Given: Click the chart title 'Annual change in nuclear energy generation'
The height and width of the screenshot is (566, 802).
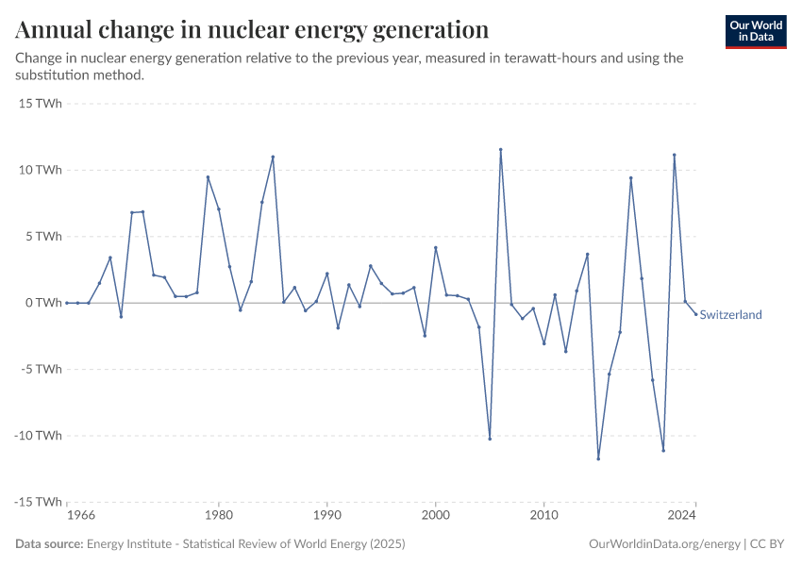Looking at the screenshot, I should (252, 29).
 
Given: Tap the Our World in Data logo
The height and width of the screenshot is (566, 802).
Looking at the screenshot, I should (755, 31).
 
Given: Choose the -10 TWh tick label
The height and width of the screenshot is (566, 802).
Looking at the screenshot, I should (39, 436).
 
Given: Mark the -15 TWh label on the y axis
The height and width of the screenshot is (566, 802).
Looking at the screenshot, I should (39, 502).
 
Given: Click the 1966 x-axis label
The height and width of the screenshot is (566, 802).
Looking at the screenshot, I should (81, 516).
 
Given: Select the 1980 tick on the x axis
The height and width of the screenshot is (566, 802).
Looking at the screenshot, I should (219, 516).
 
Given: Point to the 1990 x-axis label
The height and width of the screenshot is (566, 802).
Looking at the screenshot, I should (326, 516).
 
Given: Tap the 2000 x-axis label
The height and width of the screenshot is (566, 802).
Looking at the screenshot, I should (435, 516).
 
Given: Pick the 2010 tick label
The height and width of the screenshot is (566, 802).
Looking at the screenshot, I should (543, 516).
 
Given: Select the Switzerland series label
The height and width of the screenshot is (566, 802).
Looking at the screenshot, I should (730, 315).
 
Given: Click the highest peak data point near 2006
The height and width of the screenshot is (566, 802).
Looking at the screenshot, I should (501, 149).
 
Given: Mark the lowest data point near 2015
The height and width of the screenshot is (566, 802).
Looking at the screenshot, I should (598, 458).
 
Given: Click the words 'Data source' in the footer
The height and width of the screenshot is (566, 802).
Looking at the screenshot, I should (48, 544).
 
